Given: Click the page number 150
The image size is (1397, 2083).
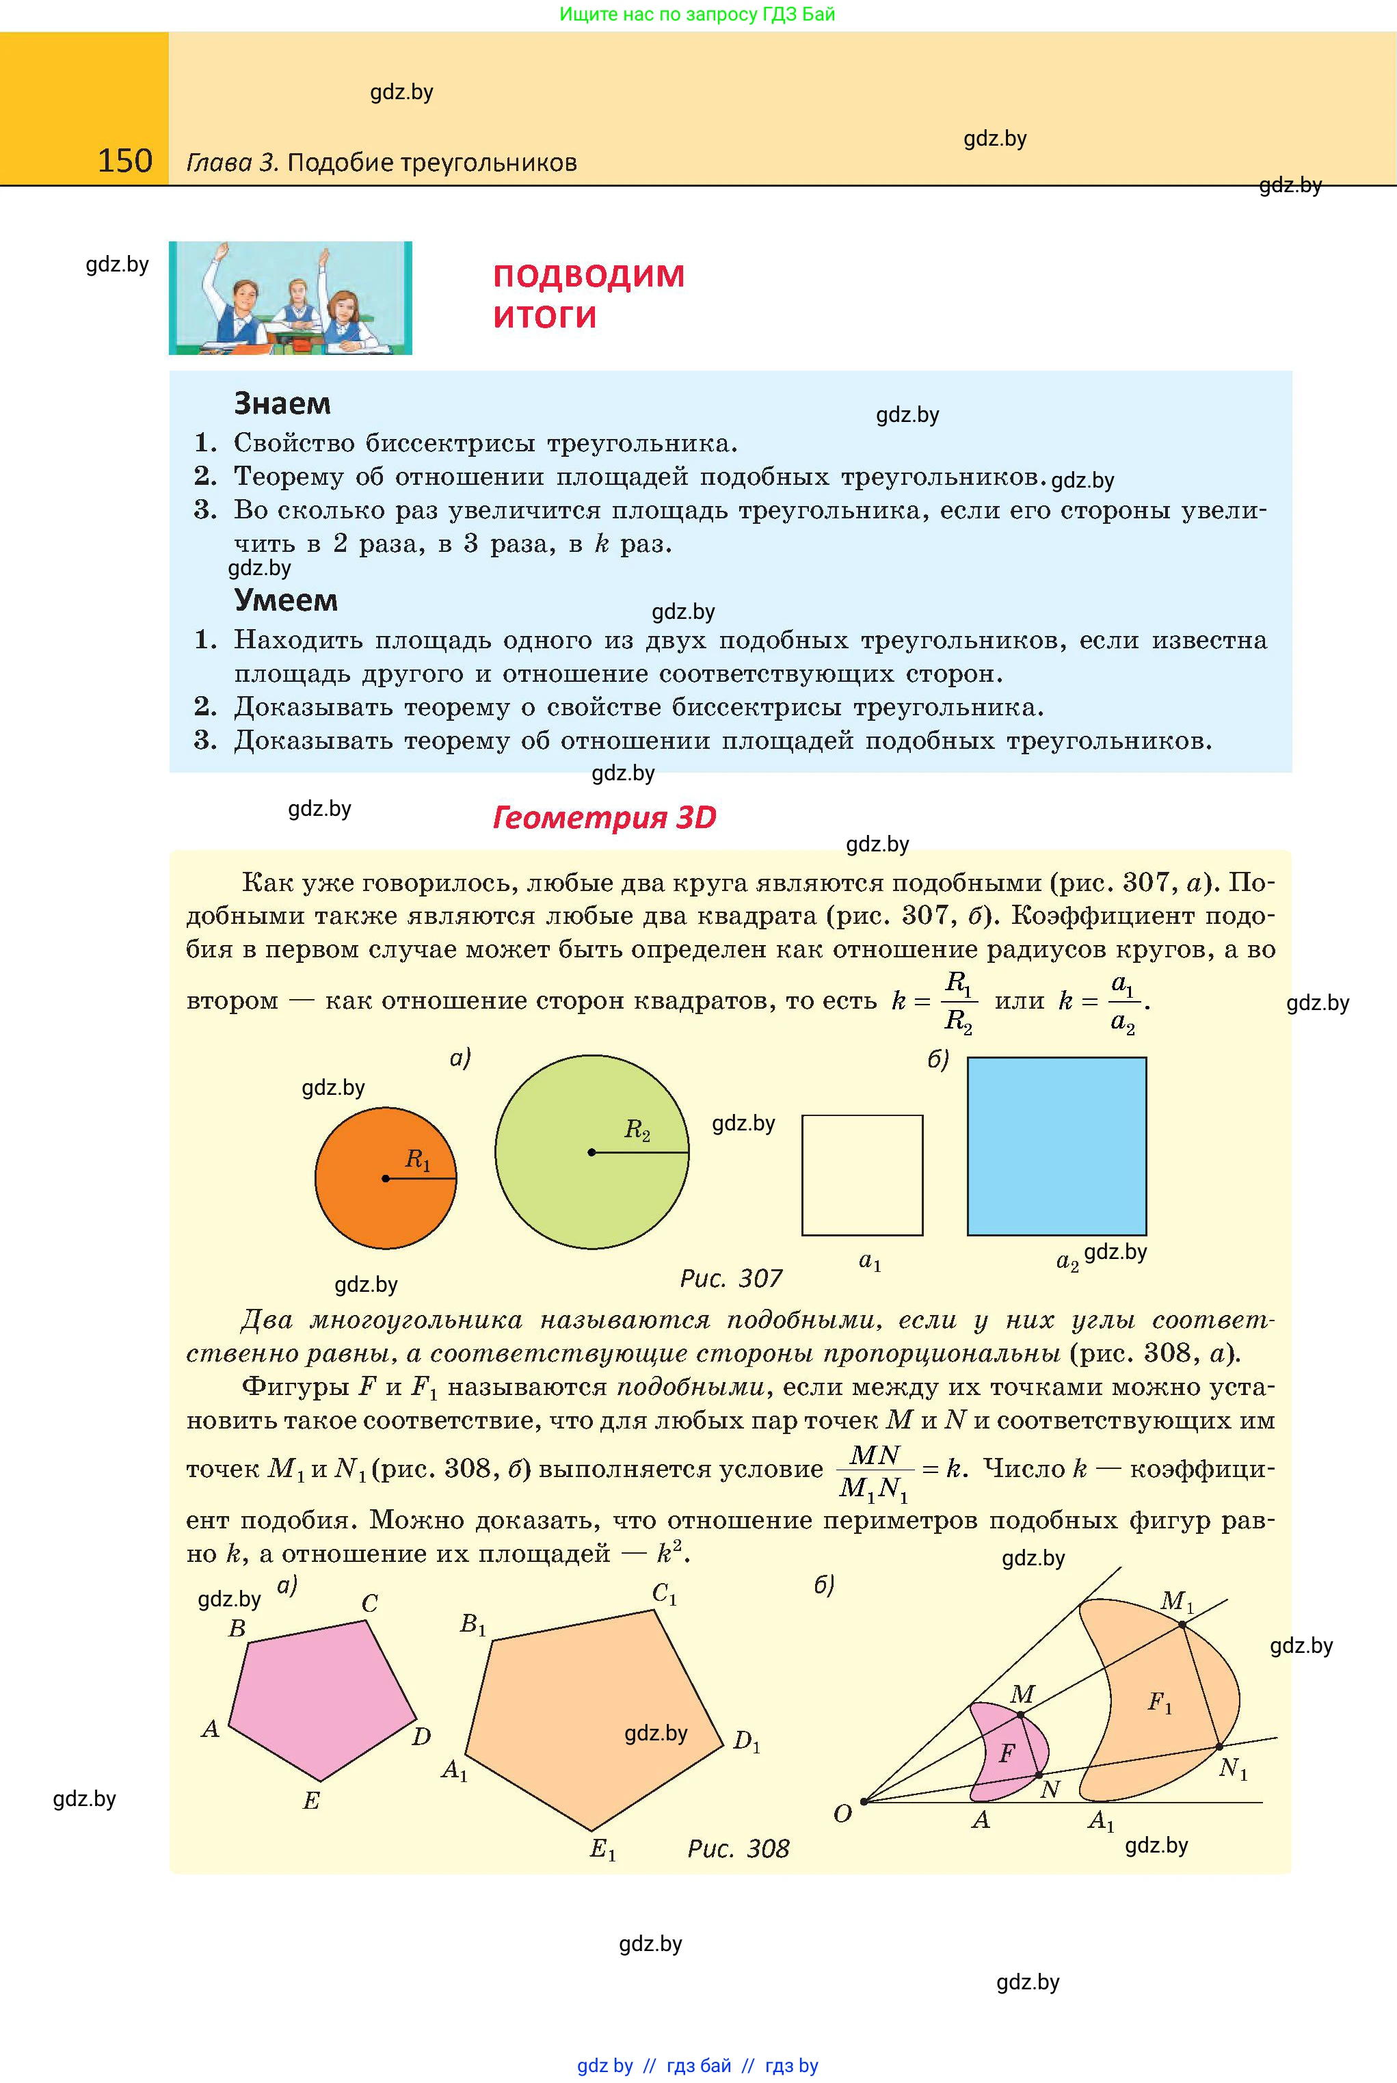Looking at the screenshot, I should pos(124,161).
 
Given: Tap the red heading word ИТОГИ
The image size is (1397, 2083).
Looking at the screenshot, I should pos(544,317).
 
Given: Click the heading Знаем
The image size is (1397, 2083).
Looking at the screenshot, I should pos(282,403).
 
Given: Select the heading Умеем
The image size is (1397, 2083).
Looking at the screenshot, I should pos(285,600).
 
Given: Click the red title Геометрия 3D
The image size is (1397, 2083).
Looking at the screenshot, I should pos(604,817).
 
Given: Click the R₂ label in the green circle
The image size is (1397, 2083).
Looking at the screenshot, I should pos(637,1130).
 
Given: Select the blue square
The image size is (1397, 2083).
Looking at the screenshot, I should pos(1056,1145).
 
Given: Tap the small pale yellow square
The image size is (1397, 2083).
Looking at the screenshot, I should pos(862,1174).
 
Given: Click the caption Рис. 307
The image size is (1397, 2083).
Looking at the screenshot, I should pos(730,1279).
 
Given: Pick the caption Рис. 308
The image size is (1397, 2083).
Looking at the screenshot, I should pos(738,1848).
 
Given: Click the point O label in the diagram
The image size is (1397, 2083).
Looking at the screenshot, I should pos(842,1814).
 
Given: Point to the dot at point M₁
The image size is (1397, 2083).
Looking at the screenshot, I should pos(1182,1625).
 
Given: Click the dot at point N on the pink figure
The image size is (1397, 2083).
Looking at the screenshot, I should pos(1039,1776).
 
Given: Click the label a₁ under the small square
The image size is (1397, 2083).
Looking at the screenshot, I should pos(870,1260).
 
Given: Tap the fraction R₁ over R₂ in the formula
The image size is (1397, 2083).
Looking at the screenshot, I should pos(959,1001).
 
